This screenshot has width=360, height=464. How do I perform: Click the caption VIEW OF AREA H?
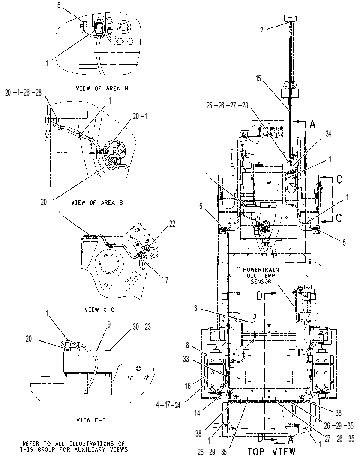click(x=102, y=88)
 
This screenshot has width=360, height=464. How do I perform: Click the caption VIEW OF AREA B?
click(x=97, y=203)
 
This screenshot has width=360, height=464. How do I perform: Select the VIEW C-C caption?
click(x=99, y=310)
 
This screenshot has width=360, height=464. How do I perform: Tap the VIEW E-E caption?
click(x=91, y=420)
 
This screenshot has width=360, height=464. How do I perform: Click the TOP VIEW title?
click(x=271, y=452)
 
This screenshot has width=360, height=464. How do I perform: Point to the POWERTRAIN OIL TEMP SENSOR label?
click(x=261, y=276)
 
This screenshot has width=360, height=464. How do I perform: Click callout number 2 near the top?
click(x=261, y=30)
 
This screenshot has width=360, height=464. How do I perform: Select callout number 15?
click(x=258, y=79)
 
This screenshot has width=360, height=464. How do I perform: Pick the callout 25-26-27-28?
click(x=227, y=105)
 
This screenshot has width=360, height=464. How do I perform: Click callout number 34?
click(x=328, y=134)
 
